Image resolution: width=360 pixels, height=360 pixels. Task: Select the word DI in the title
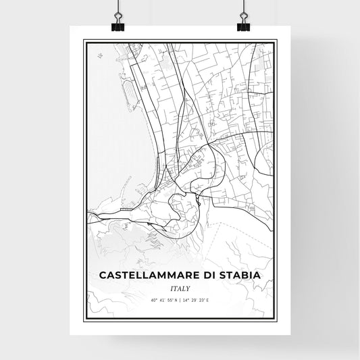pos(215,275)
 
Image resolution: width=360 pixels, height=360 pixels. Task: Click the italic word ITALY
pos(180,288)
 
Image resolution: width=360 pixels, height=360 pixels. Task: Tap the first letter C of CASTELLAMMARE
pos(103,275)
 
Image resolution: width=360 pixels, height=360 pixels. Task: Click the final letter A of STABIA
pos(260,275)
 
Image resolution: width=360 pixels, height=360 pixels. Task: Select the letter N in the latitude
pos(175,299)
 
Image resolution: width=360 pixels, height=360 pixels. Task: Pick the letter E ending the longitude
pos(209,299)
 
